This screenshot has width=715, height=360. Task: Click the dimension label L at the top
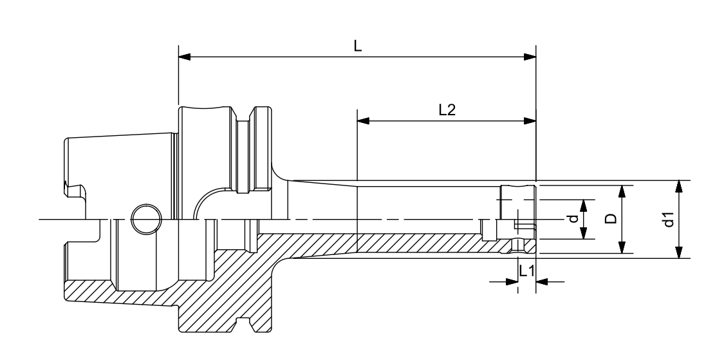(358, 47)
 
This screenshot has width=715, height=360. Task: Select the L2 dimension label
(447, 110)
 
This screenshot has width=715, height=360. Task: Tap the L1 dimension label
(526, 271)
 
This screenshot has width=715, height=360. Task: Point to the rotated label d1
(669, 220)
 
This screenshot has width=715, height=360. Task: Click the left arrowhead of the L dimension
(185, 57)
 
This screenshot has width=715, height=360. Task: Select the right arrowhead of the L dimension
(530, 57)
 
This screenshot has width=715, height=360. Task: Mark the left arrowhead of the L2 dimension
(364, 120)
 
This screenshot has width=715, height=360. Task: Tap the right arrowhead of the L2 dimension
(530, 120)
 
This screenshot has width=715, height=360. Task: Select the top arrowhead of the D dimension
(622, 191)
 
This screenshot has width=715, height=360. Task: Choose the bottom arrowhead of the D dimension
(622, 247)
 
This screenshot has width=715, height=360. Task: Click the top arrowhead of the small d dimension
(584, 205)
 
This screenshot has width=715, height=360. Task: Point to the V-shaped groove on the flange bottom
(245, 326)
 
